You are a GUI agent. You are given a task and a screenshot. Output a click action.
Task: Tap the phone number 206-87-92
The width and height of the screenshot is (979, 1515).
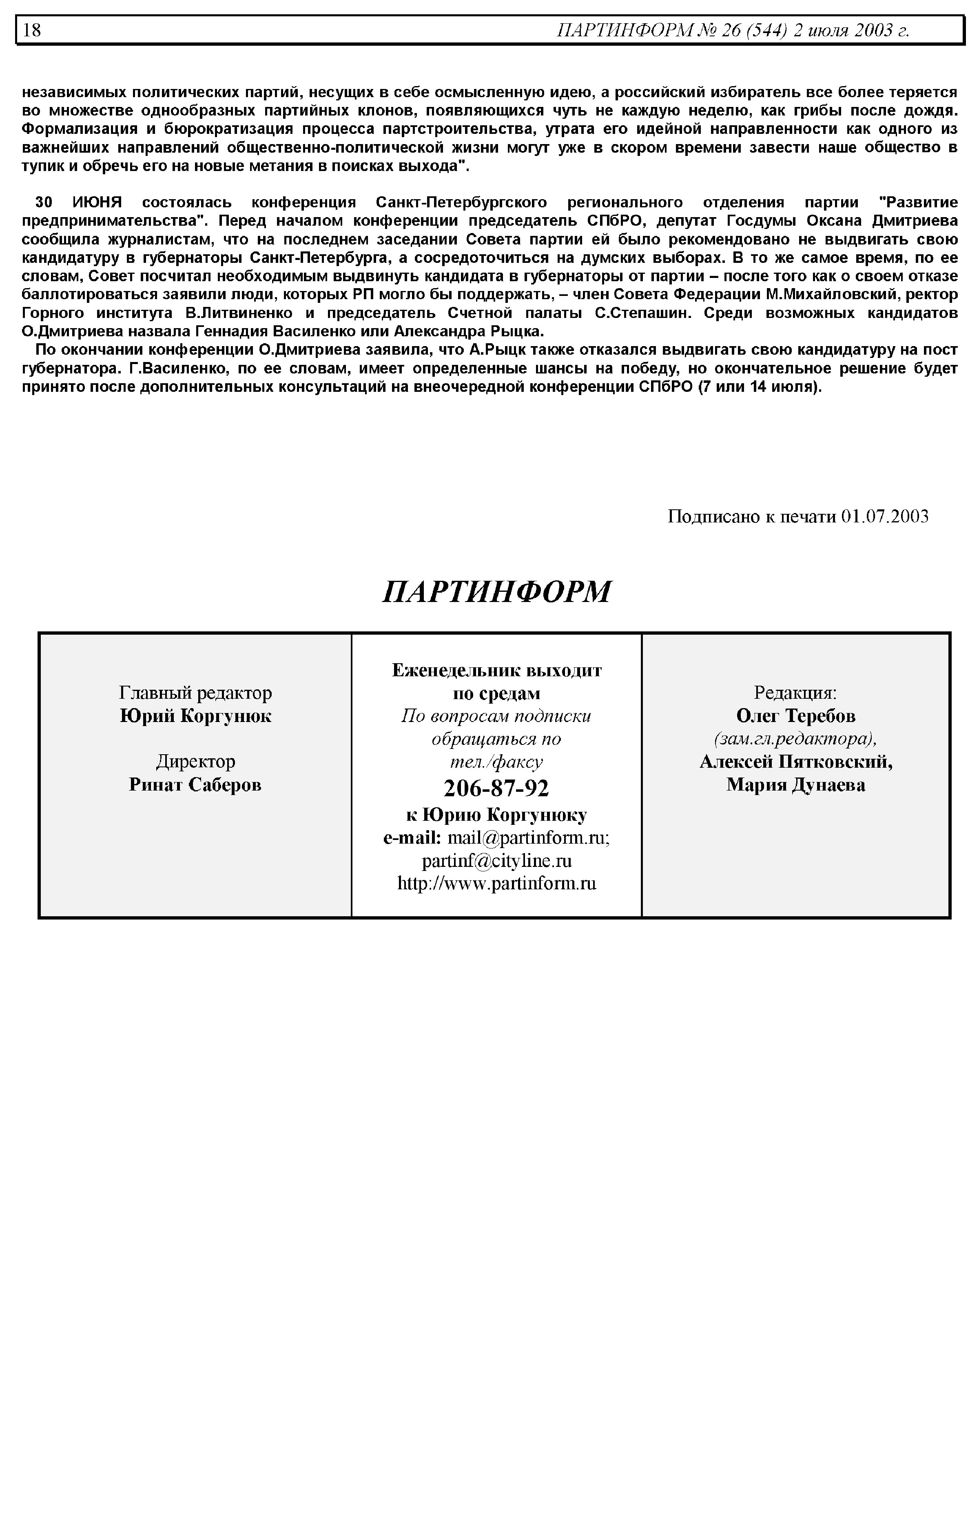[496, 789]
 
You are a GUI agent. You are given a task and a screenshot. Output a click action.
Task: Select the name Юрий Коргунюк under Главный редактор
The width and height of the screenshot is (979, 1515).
[196, 716]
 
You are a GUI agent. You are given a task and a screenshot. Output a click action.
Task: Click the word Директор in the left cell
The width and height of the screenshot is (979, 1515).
[196, 761]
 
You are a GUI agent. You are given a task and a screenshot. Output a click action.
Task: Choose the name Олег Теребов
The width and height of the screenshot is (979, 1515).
[796, 716]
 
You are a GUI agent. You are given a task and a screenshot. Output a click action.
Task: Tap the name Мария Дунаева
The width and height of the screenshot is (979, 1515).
[796, 785]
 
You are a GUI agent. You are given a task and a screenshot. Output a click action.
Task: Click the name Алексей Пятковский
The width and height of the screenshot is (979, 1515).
[796, 762]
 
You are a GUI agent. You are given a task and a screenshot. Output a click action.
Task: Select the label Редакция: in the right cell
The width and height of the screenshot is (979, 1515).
[795, 693]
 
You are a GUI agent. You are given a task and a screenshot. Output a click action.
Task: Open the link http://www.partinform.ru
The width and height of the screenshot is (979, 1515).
[496, 884]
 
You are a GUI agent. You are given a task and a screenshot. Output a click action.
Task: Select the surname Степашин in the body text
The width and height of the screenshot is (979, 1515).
[649, 313]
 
